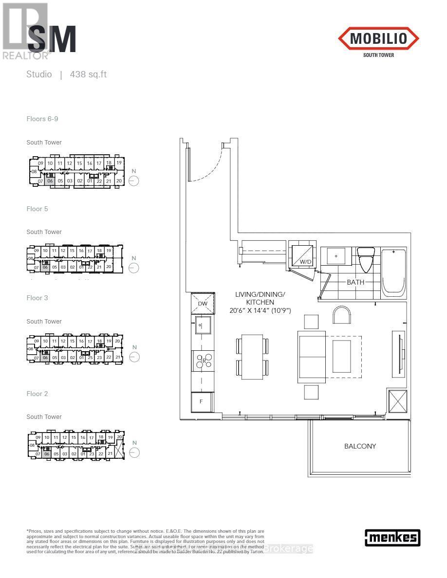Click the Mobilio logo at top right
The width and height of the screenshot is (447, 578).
pyautogui.click(x=378, y=39)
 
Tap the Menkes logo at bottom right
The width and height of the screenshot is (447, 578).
pyautogui.click(x=392, y=537)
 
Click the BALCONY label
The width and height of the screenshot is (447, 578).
pyautogui.click(x=360, y=446)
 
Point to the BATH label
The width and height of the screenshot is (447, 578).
pyautogui.click(x=355, y=282)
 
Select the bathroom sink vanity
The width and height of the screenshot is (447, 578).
pyautogui.click(x=336, y=256)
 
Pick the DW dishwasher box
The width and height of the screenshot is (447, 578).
pyautogui.click(x=203, y=303)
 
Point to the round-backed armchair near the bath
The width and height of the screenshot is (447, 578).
pyautogui.click(x=342, y=315)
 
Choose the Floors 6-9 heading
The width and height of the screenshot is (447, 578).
pyautogui.click(x=42, y=119)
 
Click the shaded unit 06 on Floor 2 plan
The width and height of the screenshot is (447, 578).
pyautogui.click(x=47, y=453)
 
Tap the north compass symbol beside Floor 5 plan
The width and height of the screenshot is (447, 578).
pyautogui.click(x=134, y=268)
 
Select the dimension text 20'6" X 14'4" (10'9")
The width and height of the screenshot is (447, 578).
pyautogui.click(x=260, y=310)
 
